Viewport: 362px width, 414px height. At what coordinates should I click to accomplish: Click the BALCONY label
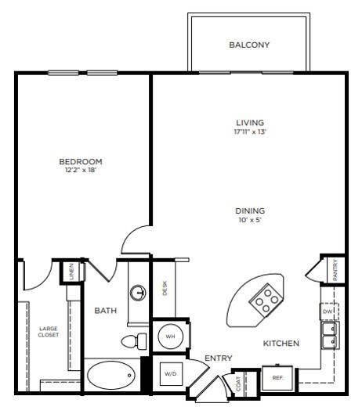pyautogui.click(x=249, y=45)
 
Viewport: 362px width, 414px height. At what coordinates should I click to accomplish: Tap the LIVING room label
pyautogui.click(x=250, y=123)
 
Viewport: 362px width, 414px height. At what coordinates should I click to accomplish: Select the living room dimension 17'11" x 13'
pyautogui.click(x=250, y=132)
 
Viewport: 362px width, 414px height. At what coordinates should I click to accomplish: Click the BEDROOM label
pyautogui.click(x=81, y=162)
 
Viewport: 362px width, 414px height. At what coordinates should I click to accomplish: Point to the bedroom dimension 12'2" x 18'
pyautogui.click(x=81, y=171)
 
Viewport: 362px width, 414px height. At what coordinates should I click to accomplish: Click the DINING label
pyautogui.click(x=250, y=211)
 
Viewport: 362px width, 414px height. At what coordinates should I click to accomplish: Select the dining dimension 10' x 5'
pyautogui.click(x=250, y=220)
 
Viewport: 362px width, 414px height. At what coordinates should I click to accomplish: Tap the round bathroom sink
pyautogui.click(x=138, y=293)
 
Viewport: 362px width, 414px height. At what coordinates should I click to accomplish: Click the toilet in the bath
pyautogui.click(x=133, y=341)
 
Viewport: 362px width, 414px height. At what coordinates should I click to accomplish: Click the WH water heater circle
pyautogui.click(x=170, y=337)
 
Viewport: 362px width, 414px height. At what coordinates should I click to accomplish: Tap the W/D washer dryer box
pyautogui.click(x=170, y=374)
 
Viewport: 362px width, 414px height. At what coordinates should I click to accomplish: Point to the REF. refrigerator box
pyautogui.click(x=277, y=377)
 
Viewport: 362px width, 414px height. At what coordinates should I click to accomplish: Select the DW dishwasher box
pyautogui.click(x=328, y=311)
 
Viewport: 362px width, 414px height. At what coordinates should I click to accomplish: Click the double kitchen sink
pyautogui.click(x=330, y=336)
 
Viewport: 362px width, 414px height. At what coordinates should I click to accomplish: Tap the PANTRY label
pyautogui.click(x=335, y=272)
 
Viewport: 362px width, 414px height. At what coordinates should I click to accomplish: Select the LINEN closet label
pyautogui.click(x=71, y=272)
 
